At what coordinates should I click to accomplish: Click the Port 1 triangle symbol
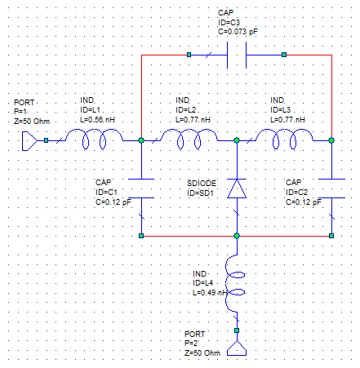pyautogui.click(x=29, y=141)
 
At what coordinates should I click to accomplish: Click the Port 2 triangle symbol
pyautogui.click(x=237, y=348)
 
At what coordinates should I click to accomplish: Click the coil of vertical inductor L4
pyautogui.click(x=235, y=284)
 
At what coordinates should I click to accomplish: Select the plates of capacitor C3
pyautogui.click(x=237, y=55)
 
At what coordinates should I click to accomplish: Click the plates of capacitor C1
pyautogui.click(x=141, y=188)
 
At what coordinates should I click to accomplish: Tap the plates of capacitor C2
pyautogui.click(x=331, y=188)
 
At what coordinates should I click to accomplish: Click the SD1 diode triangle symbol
pyautogui.click(x=237, y=188)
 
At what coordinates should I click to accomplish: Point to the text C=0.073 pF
pyautogui.click(x=238, y=32)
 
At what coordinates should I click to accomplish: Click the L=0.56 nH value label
pyautogui.click(x=97, y=120)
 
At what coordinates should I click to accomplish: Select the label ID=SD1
pyautogui.click(x=200, y=193)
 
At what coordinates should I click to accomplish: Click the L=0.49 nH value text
pyautogui.click(x=210, y=293)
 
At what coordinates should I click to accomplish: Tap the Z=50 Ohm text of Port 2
pyautogui.click(x=202, y=353)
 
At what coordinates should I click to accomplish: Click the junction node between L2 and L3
pyautogui.click(x=237, y=140)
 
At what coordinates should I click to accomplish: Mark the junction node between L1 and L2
pyautogui.click(x=141, y=140)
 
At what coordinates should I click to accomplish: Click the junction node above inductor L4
pyautogui.click(x=237, y=236)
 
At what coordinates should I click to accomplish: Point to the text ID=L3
pyautogui.click(x=281, y=110)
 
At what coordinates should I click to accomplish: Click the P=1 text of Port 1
pyautogui.click(x=20, y=112)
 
